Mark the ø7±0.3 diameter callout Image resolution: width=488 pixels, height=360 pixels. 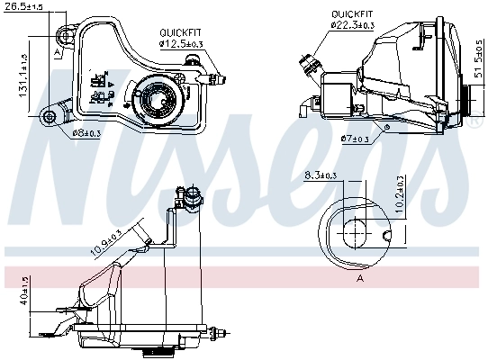pos(357,139)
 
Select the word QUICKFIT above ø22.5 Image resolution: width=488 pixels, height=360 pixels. pos(352,14)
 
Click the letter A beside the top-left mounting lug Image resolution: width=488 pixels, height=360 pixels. pos(57,53)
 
